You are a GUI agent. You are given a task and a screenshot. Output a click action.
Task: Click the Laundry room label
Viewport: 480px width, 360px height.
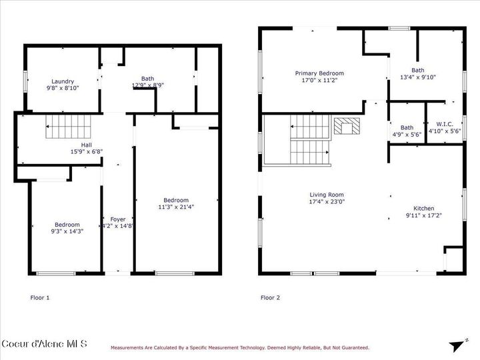click(63, 81)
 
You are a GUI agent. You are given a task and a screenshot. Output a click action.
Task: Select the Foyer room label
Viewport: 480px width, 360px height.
click(117, 219)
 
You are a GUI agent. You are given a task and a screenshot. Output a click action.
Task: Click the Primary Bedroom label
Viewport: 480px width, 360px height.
click(320, 73)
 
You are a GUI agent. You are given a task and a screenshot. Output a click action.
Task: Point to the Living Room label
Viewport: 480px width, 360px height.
click(326, 195)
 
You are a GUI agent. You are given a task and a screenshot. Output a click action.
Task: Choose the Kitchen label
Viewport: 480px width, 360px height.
click(423, 208)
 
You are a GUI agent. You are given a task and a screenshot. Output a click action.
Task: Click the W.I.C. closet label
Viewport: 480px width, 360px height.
click(444, 124)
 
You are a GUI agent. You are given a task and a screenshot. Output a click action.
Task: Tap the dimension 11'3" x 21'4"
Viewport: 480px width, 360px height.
click(176, 207)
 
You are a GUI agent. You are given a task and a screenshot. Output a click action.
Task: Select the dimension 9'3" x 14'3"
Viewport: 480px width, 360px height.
click(67, 231)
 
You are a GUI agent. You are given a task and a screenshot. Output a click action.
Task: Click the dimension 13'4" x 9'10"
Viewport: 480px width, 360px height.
click(417, 77)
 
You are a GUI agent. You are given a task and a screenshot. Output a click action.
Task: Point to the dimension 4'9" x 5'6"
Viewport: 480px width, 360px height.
click(407, 134)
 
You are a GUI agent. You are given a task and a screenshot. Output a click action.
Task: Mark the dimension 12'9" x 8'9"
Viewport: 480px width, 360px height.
click(147, 85)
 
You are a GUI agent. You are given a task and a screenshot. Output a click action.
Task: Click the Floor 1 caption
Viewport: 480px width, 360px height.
click(40, 297)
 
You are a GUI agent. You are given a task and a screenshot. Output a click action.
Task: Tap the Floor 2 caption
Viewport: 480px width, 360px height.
click(270, 297)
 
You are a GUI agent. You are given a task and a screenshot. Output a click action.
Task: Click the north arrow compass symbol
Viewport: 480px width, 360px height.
click(457, 345)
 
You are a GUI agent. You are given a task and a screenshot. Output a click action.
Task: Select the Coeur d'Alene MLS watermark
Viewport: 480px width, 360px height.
click(44, 344)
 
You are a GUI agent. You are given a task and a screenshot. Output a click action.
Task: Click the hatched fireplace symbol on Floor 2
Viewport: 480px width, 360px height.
click(345, 126)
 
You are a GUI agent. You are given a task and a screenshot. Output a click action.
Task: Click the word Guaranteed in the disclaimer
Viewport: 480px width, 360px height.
click(354, 347)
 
